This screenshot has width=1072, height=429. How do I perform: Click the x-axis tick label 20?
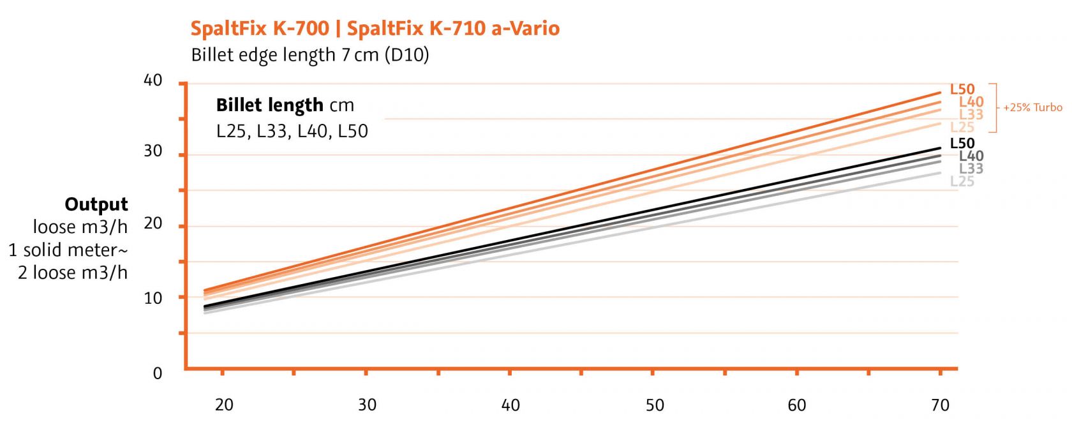coord(224,405)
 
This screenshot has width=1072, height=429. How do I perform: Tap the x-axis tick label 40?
coord(510,405)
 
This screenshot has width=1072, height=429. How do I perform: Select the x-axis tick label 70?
coord(941,405)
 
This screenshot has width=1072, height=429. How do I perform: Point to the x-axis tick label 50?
coord(655,405)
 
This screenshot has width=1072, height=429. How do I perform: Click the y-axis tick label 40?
coord(153,80)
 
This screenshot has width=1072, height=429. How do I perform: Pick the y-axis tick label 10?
coord(153,297)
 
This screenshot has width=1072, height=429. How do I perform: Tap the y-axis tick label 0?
coord(158,373)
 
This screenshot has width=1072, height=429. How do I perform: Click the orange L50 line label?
coord(962,89)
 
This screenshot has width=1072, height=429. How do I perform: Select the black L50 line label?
coord(962,143)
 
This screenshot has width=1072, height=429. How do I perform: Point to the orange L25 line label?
coord(962,127)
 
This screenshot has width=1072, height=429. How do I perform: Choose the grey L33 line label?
coord(971,169)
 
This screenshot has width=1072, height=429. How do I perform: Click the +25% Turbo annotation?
coord(1032,107)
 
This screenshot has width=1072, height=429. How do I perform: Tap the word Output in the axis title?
coord(96,204)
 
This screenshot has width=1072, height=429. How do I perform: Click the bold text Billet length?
coord(269,105)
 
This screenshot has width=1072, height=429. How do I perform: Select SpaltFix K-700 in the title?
coord(260,28)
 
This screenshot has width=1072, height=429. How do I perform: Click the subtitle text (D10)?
coord(406,55)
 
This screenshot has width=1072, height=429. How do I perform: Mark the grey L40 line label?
coord(971,156)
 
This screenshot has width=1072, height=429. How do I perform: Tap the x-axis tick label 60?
coord(797,405)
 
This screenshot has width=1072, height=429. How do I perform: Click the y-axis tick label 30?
coord(153,151)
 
